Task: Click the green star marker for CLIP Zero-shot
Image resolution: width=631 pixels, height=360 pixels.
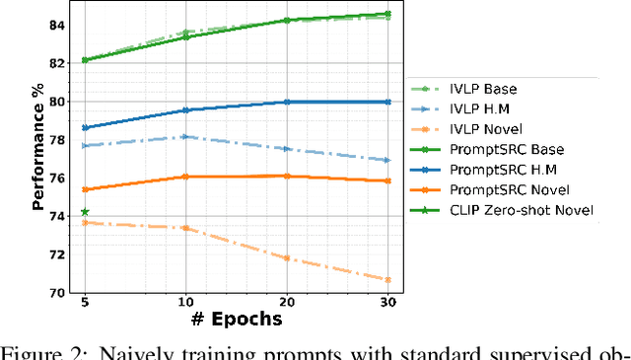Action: (x=85, y=212)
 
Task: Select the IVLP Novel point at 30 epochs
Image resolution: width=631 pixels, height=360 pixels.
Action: (x=387, y=280)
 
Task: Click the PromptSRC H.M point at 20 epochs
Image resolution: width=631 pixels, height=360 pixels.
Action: (x=287, y=102)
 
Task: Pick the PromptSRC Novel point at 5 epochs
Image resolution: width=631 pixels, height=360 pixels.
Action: (x=85, y=189)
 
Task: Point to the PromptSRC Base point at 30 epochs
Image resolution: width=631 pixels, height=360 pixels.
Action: (x=387, y=14)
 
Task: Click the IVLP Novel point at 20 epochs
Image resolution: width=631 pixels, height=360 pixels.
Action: (x=287, y=258)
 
